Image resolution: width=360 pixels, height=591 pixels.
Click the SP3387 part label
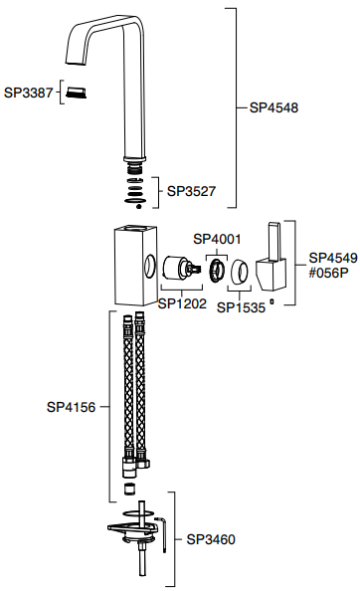pos(28,93)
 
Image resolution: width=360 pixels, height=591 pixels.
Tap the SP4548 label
pos(273,107)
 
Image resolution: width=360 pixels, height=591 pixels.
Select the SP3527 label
pos(191,191)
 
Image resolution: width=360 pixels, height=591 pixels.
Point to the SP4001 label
pos(217,239)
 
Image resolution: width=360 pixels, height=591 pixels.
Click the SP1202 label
pos(182,303)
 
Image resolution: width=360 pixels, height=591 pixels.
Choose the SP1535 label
pos(241,307)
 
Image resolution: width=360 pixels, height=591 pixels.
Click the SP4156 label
pos(72,407)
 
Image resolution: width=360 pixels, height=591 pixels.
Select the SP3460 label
pos(211,539)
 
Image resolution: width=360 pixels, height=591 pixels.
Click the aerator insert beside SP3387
pos(76,93)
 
